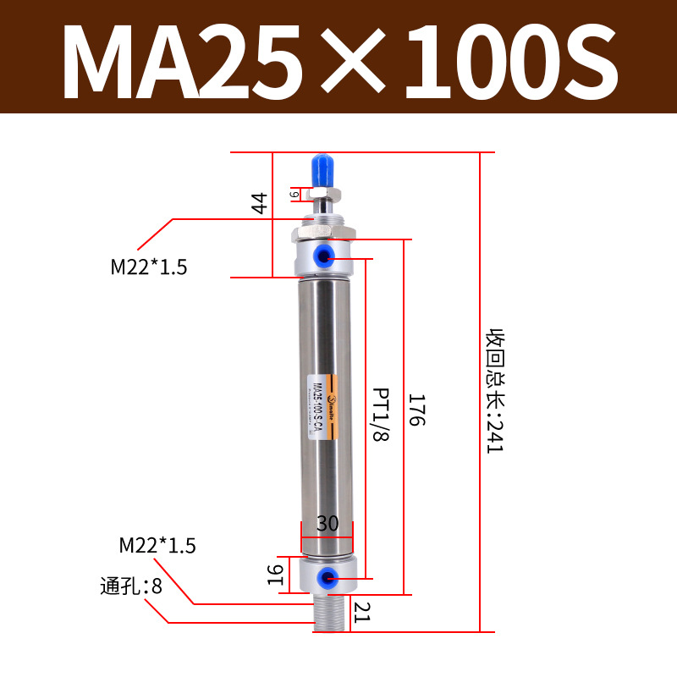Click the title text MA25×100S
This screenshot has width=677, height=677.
click(338, 57)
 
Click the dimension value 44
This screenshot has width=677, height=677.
click(260, 203)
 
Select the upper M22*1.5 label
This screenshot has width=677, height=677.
click(149, 267)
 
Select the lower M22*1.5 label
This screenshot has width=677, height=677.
click(157, 546)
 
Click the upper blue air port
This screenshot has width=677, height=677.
click(326, 255)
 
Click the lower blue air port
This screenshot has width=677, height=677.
click(325, 579)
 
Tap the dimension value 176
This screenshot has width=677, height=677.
click(415, 410)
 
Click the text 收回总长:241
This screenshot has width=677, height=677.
click(493, 391)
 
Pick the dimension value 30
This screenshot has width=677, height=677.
click(327, 524)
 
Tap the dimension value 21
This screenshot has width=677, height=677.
click(363, 611)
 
